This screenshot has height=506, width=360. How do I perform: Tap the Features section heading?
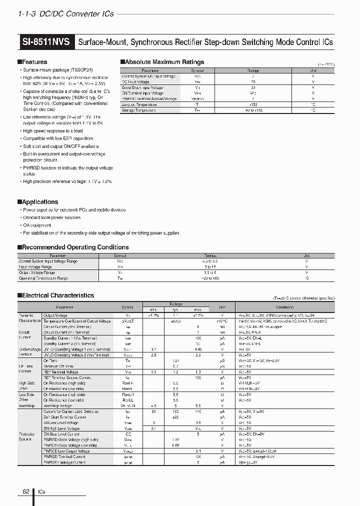34,62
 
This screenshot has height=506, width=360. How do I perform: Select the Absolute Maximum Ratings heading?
164,62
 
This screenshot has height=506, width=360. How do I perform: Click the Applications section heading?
39,202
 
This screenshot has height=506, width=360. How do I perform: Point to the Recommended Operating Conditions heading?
75,247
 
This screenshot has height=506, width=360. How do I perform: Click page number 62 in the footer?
26,491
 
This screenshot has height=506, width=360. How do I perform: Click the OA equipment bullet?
38,225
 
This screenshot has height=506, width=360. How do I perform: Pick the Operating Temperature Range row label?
43,278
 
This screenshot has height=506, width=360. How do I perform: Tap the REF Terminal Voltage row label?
60,372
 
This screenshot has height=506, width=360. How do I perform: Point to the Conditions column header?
284,307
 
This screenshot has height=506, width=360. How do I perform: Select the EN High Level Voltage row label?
61,428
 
